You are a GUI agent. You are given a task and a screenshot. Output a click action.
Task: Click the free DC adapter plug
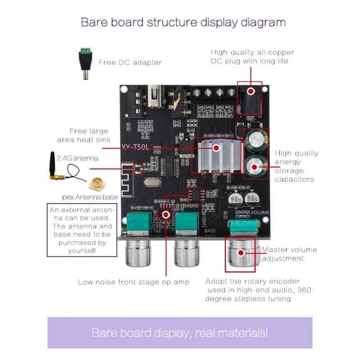pos(85,63)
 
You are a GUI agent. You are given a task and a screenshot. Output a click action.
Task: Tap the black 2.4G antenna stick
pos(52,164)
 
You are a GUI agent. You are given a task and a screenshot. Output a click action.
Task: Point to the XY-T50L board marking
pos(135,147)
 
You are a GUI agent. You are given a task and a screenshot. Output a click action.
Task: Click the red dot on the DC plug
pos(251,91)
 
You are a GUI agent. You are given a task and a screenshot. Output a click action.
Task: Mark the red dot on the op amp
pos(166,215)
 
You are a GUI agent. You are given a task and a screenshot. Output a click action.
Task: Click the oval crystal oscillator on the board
pos(152,183)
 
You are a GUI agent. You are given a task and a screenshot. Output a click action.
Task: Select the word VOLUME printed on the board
pos(260,212)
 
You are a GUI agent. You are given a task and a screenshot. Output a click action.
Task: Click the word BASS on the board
pos(210,230)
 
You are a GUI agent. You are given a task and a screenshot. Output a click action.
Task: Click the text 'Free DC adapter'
pos(130,63)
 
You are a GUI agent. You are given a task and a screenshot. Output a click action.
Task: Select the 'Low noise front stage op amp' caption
pos(134,282)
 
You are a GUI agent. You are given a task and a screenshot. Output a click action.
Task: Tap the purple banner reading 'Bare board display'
pos(180,333)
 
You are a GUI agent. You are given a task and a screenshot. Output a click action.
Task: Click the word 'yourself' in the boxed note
pos(82,251)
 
